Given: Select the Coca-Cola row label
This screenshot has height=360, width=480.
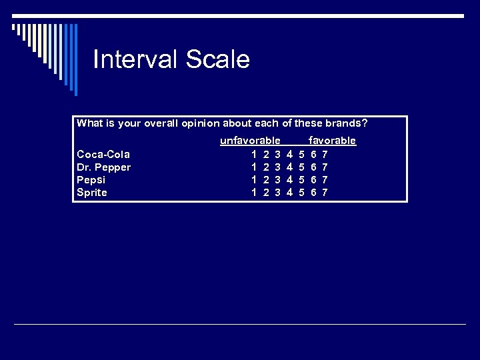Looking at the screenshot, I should point(103,155).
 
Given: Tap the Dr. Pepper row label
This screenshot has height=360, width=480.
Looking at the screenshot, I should point(103,167).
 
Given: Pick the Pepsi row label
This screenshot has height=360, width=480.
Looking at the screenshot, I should point(91,180).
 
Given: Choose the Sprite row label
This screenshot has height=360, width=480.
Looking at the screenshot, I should point(92,193).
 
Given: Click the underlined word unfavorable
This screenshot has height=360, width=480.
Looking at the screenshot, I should point(250,141).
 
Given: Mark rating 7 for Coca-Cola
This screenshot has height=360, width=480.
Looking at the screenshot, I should point(324,155).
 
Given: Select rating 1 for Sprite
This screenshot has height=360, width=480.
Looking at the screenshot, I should point(254,193).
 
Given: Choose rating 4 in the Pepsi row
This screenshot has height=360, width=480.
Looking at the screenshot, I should point(289,180).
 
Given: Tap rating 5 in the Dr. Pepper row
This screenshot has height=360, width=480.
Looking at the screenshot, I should point(301,167).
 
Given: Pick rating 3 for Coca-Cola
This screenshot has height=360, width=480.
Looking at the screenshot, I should point(277,155).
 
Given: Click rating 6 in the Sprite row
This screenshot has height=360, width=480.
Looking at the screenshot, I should point(313,193).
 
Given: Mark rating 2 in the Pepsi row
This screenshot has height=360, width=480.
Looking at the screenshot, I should point(266,180).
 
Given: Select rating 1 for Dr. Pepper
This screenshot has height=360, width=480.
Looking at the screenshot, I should point(254,167).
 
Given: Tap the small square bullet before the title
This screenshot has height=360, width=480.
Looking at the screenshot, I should point(14,27).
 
